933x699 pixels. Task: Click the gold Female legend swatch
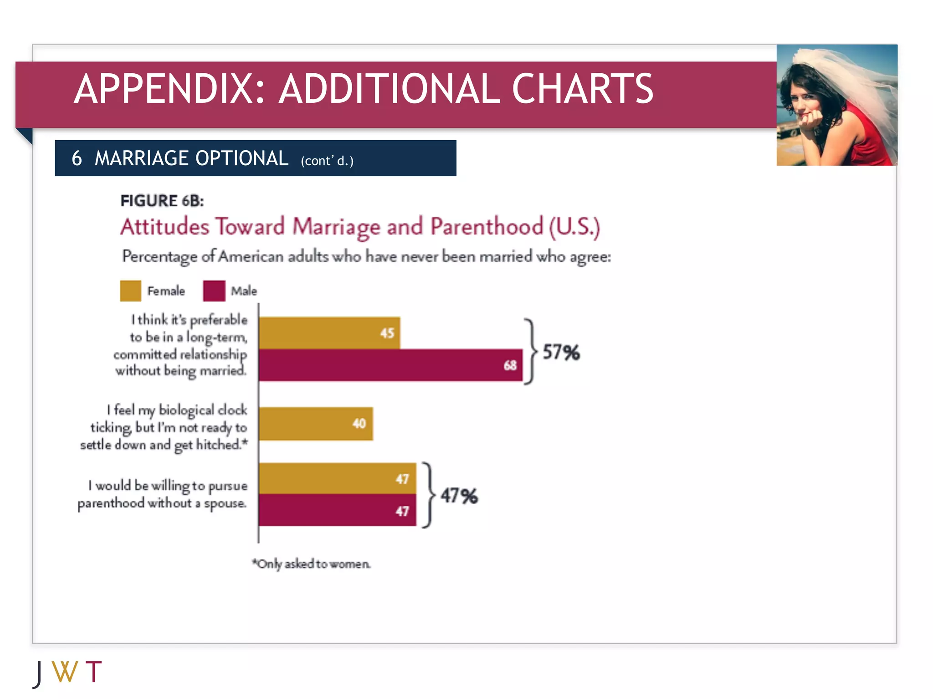pos(130,291)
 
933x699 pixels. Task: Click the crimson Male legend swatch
pos(214,291)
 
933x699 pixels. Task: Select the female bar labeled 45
pos(329,333)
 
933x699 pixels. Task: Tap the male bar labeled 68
pos(390,365)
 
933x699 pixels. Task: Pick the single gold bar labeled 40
pos(315,424)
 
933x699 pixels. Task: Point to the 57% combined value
pos(561,352)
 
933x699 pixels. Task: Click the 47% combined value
pos(459,496)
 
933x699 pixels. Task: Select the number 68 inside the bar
pos(510,365)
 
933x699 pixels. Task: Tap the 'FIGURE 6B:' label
pos(162,201)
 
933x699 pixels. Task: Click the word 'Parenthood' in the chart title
pos(487,227)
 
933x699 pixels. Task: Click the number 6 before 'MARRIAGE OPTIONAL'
pos(77,158)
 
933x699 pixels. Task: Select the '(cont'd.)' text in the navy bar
pos(327,161)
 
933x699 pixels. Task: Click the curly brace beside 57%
pos(530,352)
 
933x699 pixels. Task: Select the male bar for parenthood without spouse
pos(337,510)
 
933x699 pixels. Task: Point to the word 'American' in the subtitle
pos(251,257)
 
